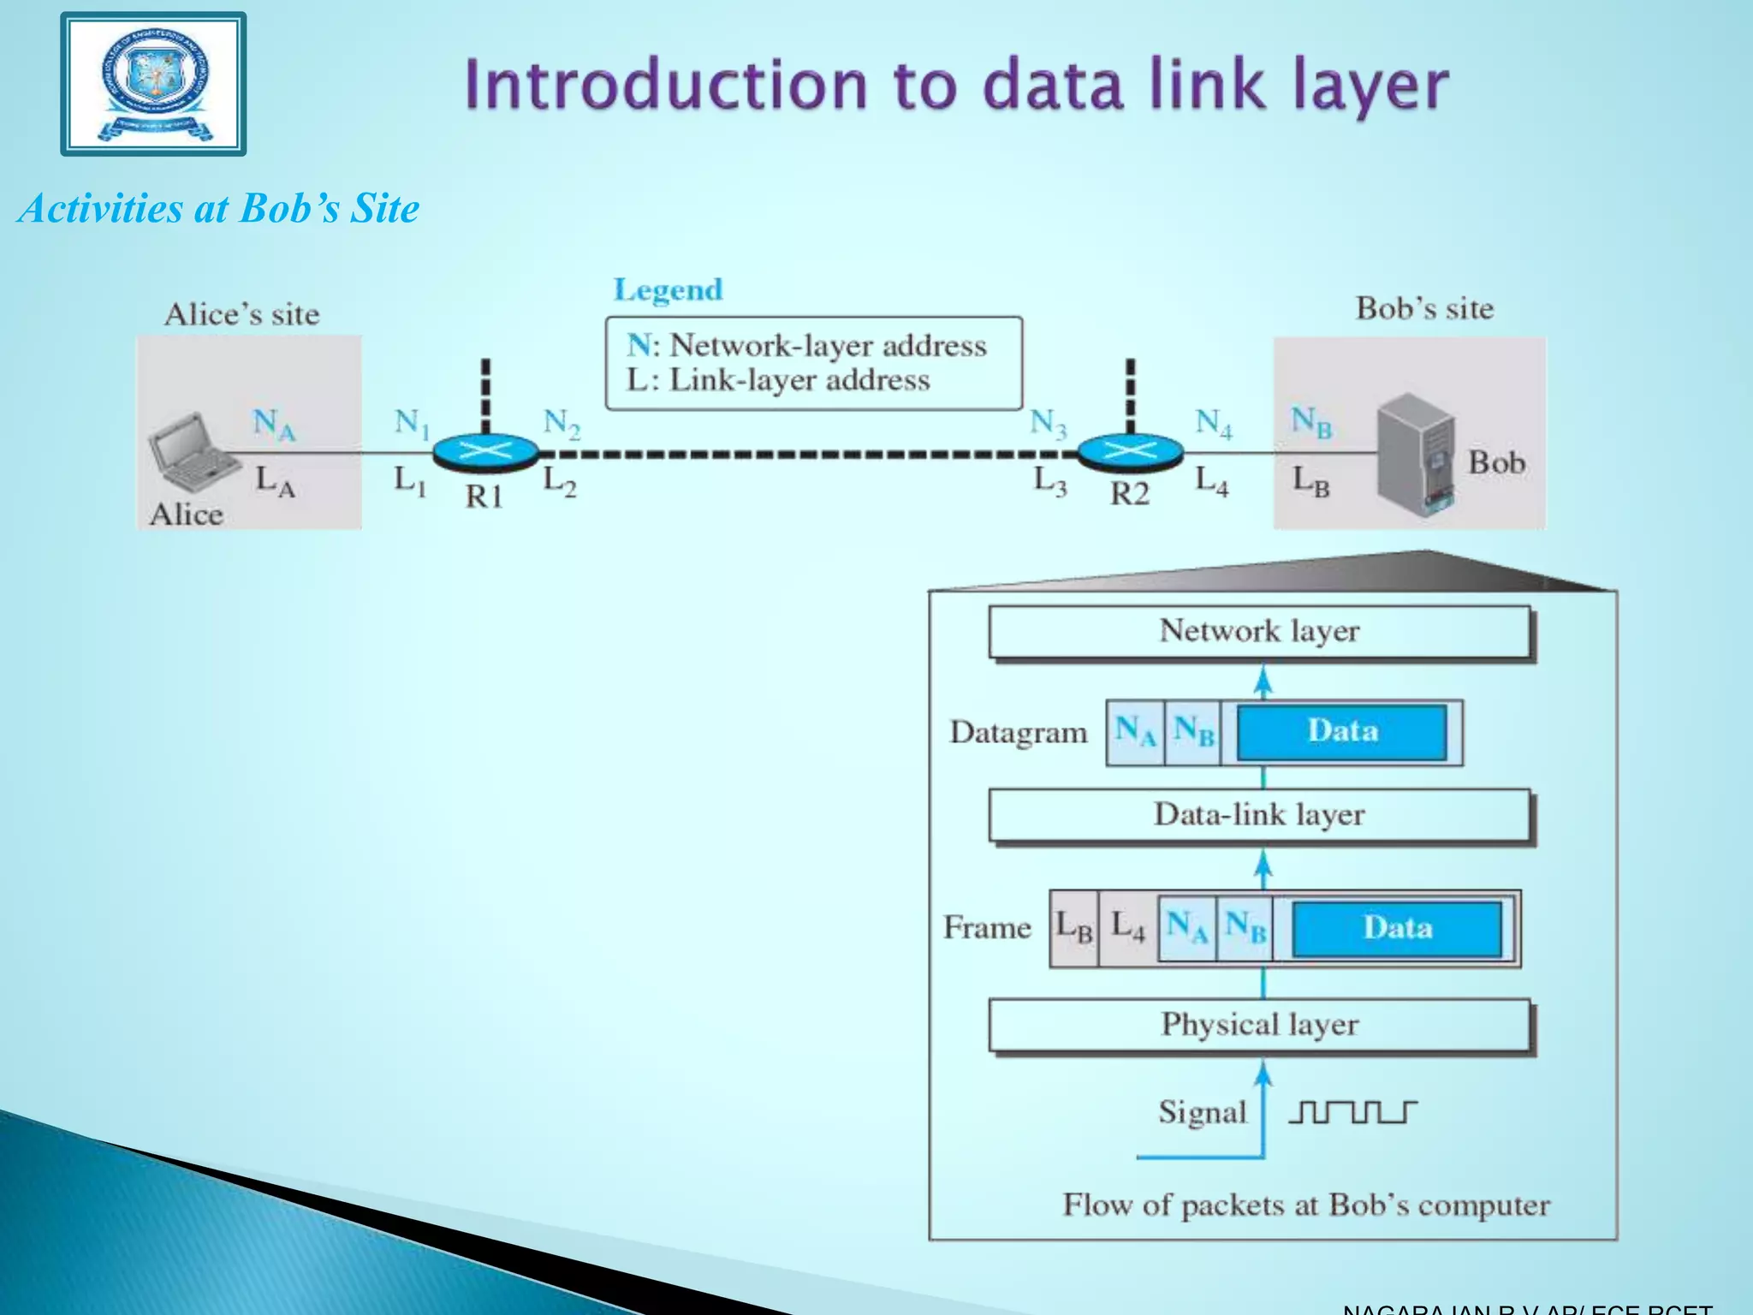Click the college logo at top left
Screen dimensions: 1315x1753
tap(154, 84)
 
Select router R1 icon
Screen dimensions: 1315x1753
tap(485, 452)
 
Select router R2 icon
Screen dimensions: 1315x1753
tap(1130, 452)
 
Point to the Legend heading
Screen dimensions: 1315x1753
tap(668, 290)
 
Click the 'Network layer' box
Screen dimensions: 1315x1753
tap(1259, 632)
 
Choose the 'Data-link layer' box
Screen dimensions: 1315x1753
tap(1259, 815)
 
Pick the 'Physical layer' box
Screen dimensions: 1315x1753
tap(1259, 1025)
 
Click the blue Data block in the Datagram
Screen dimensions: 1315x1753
tap(1342, 732)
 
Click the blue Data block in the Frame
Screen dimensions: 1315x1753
tap(1397, 929)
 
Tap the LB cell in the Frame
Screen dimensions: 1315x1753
tap(1074, 928)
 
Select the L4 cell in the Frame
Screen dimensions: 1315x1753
tap(1127, 928)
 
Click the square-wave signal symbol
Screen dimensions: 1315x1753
tap(1352, 1112)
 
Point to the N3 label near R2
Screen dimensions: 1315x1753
tap(1048, 423)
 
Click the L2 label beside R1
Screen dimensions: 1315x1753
tap(560, 481)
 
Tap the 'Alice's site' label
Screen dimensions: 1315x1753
tap(242, 314)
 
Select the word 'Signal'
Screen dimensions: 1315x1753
tap(1202, 1113)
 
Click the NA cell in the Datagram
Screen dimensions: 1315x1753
tap(1135, 732)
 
